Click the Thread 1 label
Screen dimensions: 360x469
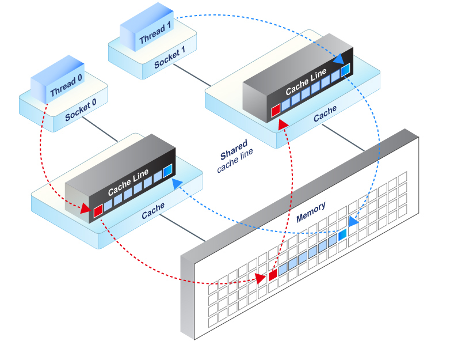pos(155,37)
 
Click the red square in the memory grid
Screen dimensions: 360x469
pos(273,274)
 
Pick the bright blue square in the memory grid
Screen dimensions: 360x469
pos(342,234)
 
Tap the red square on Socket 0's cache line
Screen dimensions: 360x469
pos(97,211)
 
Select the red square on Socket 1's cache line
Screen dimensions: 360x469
pos(275,110)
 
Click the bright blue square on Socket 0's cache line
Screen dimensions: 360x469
pos(167,171)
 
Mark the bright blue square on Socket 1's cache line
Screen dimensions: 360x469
pos(345,71)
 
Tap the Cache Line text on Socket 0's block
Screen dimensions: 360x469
pos(128,182)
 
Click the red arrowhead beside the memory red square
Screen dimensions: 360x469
pos(261,279)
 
